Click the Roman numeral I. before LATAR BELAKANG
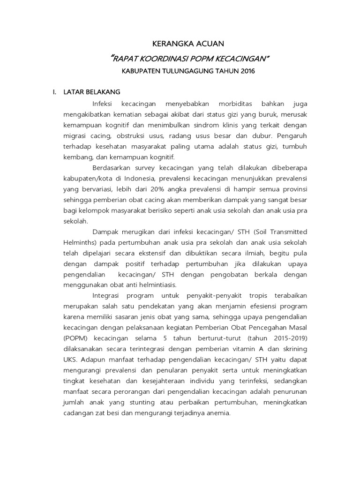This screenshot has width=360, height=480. tap(54, 91)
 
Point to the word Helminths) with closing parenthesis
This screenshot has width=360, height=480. tap(81, 243)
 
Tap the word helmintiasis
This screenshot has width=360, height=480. tap(167, 286)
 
